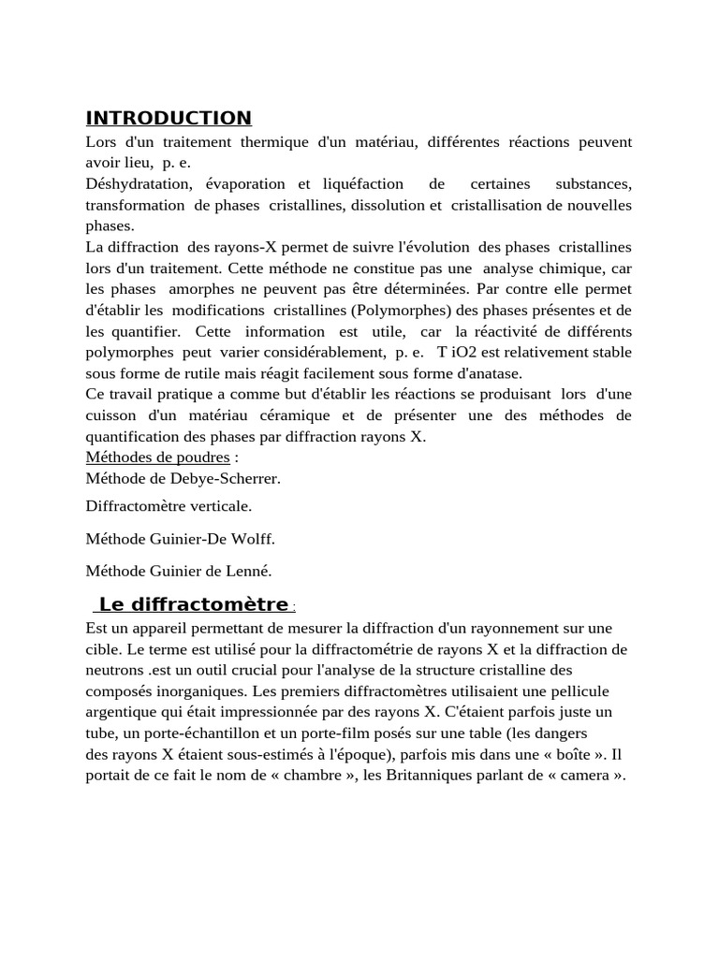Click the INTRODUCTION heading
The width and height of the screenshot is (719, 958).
(x=169, y=118)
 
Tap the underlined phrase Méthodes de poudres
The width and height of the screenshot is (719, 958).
(x=157, y=457)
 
